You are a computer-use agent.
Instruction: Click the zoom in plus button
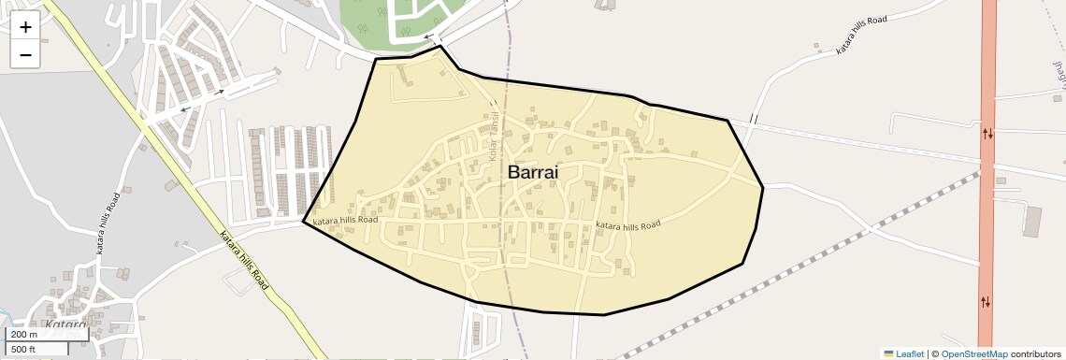click(x=25, y=27)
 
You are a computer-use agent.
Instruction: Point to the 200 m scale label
click(x=24, y=335)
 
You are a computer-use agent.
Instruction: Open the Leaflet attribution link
click(x=910, y=354)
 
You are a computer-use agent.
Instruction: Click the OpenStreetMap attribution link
click(x=973, y=354)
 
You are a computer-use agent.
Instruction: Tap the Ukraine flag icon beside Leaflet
click(x=889, y=354)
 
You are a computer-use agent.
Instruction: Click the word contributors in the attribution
click(x=1036, y=354)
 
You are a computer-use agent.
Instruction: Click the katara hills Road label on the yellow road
click(x=243, y=260)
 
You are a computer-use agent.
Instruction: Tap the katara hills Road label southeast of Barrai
click(x=628, y=224)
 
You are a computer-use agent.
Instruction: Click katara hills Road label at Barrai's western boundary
click(x=345, y=221)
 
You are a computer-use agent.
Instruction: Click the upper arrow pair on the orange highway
click(x=987, y=134)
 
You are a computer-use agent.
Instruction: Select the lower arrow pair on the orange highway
click(x=986, y=302)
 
